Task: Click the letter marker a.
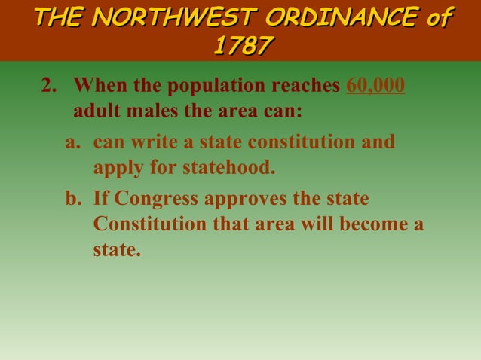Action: (x=72, y=142)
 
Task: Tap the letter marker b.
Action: (x=72, y=199)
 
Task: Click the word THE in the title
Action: (x=58, y=16)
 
